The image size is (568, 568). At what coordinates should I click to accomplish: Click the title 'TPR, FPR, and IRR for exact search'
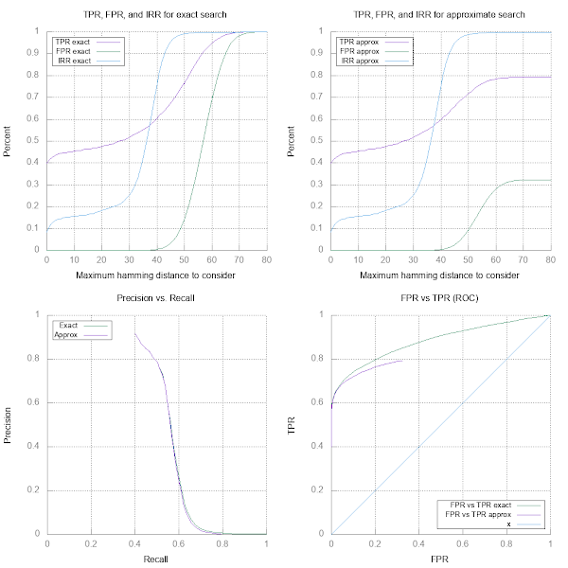pyautogui.click(x=156, y=15)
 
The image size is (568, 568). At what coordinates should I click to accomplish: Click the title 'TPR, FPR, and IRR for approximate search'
pyautogui.click(x=440, y=15)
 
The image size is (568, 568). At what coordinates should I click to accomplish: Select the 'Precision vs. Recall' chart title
pyautogui.click(x=156, y=299)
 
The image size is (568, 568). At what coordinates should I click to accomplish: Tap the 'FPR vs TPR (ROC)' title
pyautogui.click(x=440, y=299)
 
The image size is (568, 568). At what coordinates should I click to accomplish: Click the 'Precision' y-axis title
pyautogui.click(x=9, y=424)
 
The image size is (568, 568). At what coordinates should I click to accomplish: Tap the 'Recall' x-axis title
pyautogui.click(x=156, y=559)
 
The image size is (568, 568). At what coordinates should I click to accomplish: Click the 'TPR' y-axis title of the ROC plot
pyautogui.click(x=293, y=424)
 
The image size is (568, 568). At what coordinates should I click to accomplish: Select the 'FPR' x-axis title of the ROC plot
pyautogui.click(x=440, y=559)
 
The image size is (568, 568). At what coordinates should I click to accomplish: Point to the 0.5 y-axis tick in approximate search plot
pyautogui.click(x=321, y=140)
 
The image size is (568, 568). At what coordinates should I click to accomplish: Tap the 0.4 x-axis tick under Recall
pyautogui.click(x=134, y=542)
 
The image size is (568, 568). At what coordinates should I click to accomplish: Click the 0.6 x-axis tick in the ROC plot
pyautogui.click(x=462, y=542)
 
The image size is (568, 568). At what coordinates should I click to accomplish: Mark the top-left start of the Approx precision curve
pyautogui.click(x=134, y=333)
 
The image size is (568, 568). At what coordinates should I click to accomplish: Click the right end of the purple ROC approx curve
pyautogui.click(x=403, y=360)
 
